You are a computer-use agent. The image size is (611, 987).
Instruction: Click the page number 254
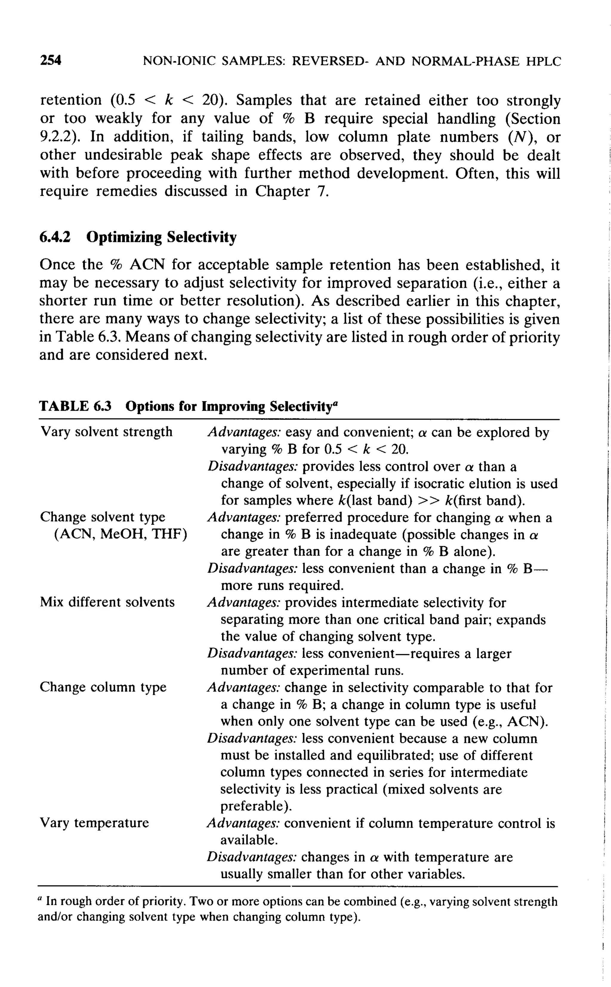pyautogui.click(x=50, y=61)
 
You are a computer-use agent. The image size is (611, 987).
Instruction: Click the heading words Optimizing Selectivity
pyautogui.click(x=161, y=237)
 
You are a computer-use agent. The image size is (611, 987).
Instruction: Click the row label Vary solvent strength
pyautogui.click(x=106, y=432)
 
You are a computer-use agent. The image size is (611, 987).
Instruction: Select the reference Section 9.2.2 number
pyautogui.click(x=57, y=137)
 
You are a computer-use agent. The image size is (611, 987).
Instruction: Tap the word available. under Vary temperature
pyautogui.click(x=249, y=840)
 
